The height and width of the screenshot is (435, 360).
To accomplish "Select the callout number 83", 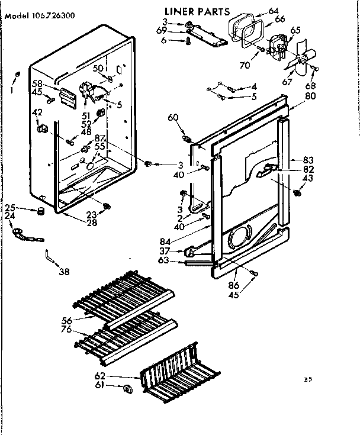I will coord(308,160).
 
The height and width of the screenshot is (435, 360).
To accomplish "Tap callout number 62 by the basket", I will coord(100,375).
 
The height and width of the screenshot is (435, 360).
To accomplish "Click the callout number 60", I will coord(172,118).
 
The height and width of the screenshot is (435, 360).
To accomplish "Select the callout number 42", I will coord(37,112).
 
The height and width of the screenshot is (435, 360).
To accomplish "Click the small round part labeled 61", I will coord(126,389).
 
